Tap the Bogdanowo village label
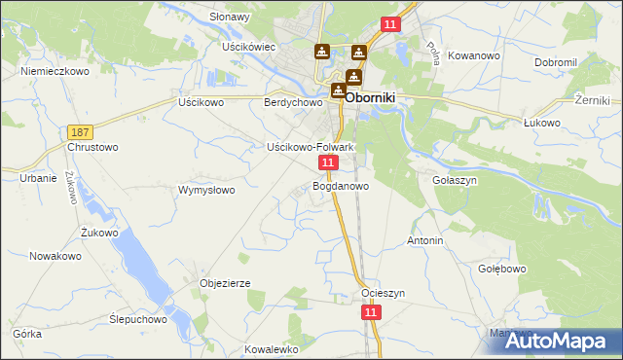tap(340, 185)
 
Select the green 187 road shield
tap(81, 131)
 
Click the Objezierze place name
tap(225, 283)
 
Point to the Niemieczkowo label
tap(55, 71)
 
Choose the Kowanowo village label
tap(475, 55)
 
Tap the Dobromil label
tap(556, 61)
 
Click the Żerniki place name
tap(592, 100)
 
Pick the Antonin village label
tap(425, 240)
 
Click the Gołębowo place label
tap(502, 269)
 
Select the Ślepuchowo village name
tap(138, 318)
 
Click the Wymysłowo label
tap(206, 190)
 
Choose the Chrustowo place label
tap(92, 147)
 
